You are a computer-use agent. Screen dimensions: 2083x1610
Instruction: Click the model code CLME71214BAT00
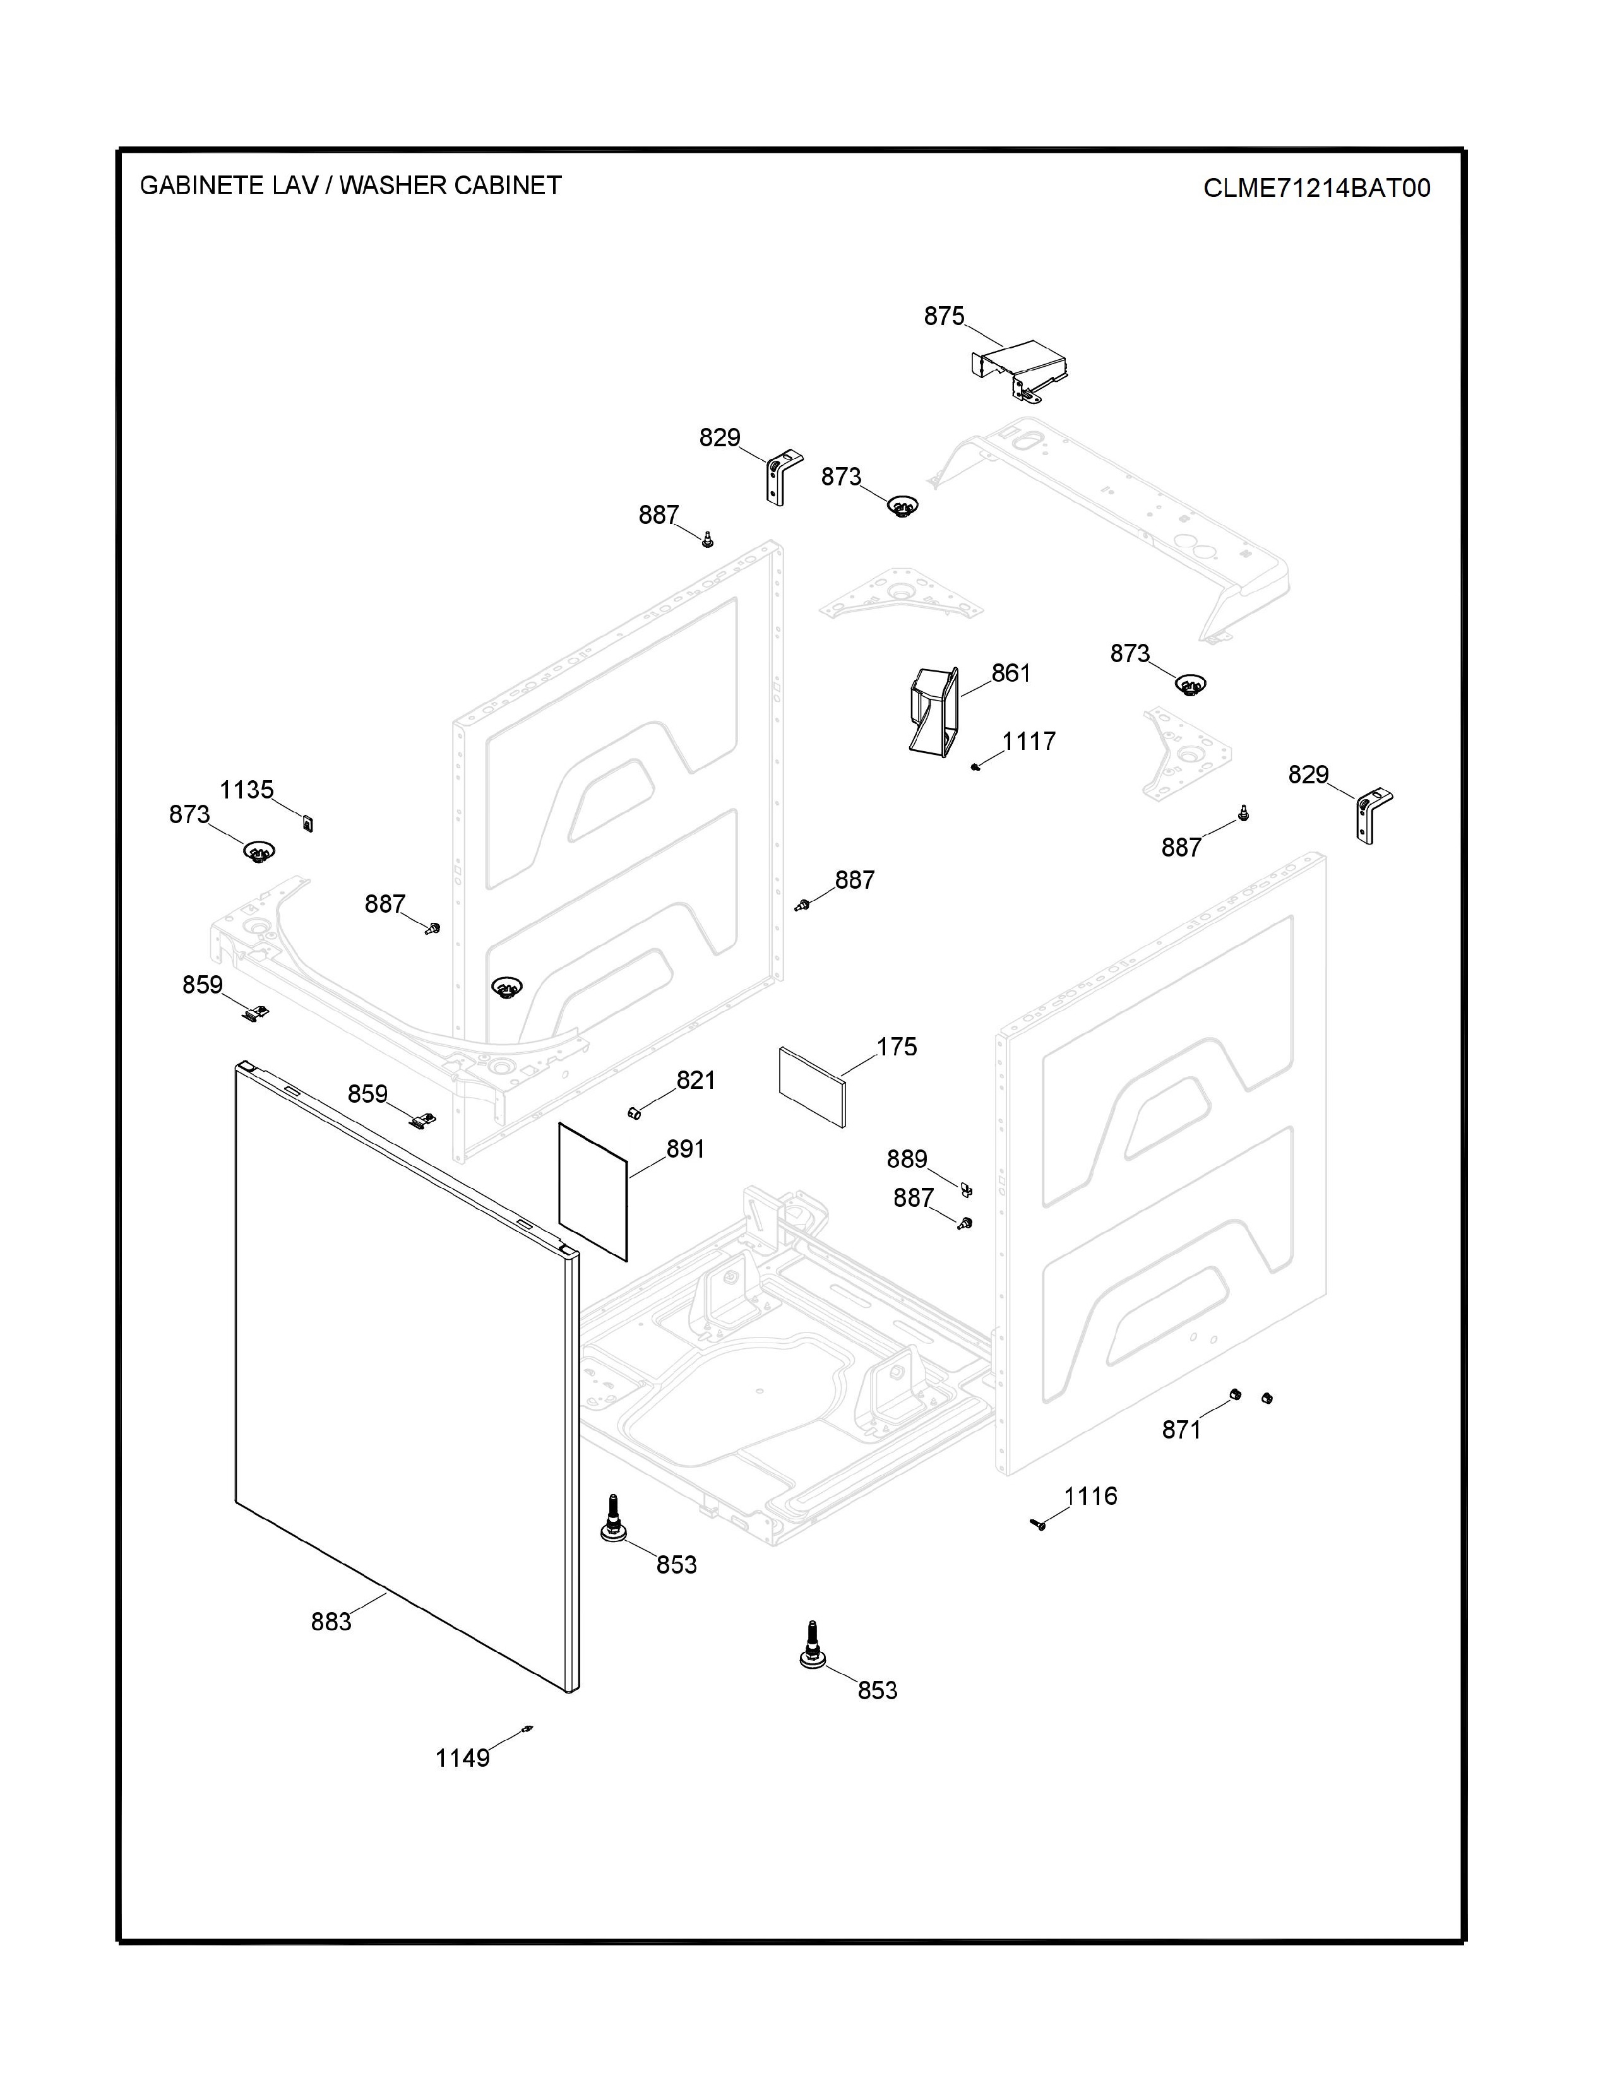tap(1316, 188)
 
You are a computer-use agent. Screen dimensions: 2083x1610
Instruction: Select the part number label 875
tap(943, 316)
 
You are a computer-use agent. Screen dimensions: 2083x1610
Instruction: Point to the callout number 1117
tap(1028, 740)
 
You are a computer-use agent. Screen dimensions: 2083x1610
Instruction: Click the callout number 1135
tap(246, 789)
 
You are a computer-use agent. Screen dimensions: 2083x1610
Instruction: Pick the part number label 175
tap(897, 1047)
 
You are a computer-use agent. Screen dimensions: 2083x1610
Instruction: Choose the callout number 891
tap(685, 1148)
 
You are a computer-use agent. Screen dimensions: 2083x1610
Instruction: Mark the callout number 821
tap(695, 1079)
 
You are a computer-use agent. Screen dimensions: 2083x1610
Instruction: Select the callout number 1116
tap(1090, 1495)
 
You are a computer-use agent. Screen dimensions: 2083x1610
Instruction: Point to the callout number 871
tap(1181, 1428)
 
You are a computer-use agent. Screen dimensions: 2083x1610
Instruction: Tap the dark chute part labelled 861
tap(932, 711)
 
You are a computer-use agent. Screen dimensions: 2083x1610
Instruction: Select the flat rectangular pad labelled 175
tap(813, 1088)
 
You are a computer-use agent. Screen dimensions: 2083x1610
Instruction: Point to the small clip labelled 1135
tap(307, 822)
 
